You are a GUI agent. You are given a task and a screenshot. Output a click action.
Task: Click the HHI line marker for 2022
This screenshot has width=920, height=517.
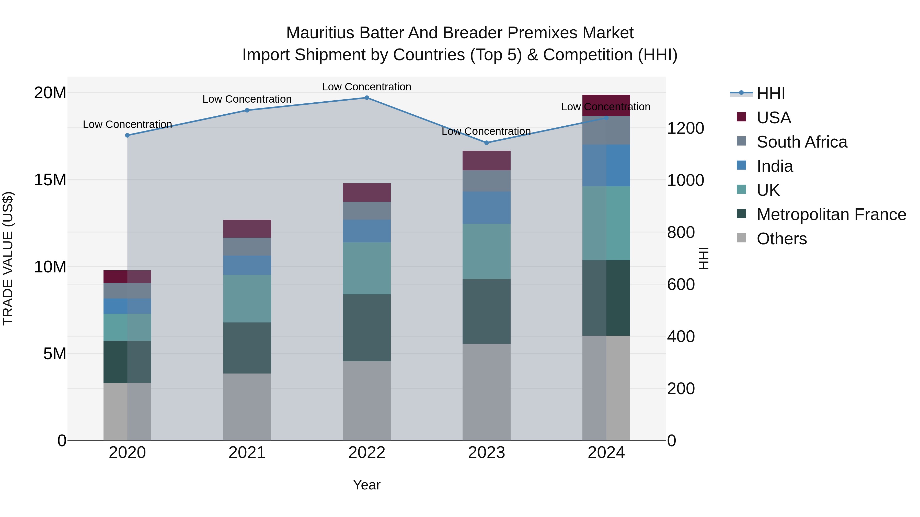tap(366, 98)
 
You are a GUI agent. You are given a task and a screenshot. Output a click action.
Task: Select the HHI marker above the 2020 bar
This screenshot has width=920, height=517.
tap(127, 135)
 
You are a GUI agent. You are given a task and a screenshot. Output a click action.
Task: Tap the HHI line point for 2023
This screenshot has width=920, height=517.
tap(486, 143)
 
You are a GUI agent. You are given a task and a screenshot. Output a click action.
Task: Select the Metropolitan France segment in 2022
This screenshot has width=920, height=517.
tap(366, 328)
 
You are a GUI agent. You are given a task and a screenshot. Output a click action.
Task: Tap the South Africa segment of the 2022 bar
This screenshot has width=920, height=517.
tap(366, 211)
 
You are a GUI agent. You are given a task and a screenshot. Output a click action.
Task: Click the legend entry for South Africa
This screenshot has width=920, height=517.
tap(801, 142)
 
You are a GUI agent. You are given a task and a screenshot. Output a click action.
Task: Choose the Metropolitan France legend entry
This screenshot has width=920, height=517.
tap(831, 214)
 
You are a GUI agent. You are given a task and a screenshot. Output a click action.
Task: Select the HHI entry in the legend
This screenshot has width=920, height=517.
tap(771, 93)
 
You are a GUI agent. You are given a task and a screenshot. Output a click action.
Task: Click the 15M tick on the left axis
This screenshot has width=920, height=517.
tap(50, 180)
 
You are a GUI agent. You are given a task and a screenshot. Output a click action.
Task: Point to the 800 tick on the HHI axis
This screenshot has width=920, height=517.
tap(681, 232)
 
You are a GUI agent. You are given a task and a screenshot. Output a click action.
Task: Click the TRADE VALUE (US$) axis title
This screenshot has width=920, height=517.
tap(8, 258)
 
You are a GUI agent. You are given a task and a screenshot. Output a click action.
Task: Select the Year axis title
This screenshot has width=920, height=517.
tap(366, 485)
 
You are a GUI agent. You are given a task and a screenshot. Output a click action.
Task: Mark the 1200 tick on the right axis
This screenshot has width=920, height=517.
tap(685, 128)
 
